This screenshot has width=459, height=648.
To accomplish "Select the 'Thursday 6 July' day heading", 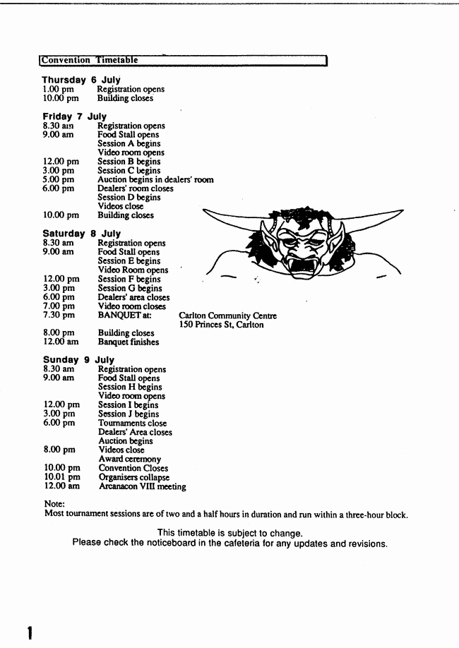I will [x=81, y=80].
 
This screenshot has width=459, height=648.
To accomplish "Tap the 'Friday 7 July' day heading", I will [x=74, y=116].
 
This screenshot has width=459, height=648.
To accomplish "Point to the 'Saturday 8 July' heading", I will [x=81, y=234].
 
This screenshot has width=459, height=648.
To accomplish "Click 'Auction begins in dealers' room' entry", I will [x=155, y=180].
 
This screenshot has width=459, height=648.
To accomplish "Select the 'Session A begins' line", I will [x=130, y=144].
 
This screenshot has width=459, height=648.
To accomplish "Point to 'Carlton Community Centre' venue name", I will [x=227, y=316].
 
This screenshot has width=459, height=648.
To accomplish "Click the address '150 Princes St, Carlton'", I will [x=221, y=325].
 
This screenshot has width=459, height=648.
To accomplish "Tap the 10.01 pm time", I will [x=62, y=477].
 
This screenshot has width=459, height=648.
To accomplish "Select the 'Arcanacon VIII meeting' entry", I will [x=142, y=486].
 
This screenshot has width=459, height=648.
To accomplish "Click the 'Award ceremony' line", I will [x=130, y=460].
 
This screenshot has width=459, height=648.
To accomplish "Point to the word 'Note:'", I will [x=54, y=504].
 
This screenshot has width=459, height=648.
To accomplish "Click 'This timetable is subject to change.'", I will [x=230, y=533].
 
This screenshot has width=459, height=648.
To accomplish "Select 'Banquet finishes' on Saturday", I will [x=129, y=342].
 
